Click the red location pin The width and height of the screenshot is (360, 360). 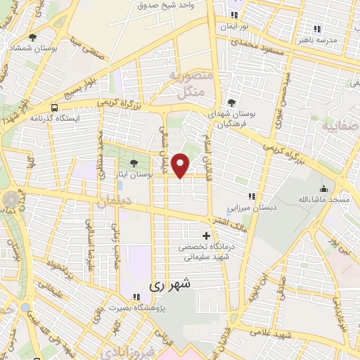181,165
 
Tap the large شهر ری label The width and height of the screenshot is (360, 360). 170,285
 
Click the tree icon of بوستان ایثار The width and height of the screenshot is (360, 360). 134,164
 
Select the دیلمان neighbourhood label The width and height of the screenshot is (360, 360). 116,202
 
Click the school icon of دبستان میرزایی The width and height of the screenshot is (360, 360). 252,196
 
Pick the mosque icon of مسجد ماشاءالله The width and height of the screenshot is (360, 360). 323,188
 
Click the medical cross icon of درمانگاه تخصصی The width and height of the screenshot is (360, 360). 205,236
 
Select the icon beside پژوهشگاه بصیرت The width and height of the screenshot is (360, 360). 133,297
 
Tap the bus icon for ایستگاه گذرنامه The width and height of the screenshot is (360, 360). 54,108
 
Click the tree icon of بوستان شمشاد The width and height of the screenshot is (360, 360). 33,37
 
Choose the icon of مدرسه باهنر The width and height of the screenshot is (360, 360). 317,29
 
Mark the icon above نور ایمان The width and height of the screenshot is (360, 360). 234,15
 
